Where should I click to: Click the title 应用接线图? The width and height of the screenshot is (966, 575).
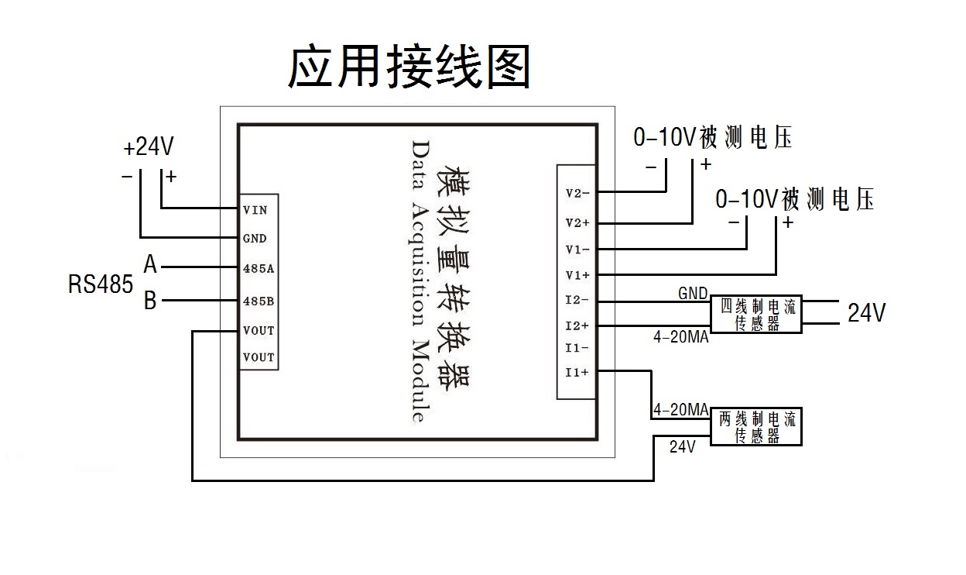409,67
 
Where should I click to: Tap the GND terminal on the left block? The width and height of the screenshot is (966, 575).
255,239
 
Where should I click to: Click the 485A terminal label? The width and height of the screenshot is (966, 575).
258,268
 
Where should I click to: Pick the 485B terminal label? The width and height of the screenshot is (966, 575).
258,300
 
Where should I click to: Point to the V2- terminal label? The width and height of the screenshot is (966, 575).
577,193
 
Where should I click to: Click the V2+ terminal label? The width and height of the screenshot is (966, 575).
577,223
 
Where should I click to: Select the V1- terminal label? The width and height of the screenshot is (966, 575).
577,250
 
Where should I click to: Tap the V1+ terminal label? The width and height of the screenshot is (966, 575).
577,275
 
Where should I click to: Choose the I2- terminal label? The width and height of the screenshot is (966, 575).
577,301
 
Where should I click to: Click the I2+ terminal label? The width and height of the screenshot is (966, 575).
577,326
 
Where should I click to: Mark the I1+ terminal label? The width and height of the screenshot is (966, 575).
577,372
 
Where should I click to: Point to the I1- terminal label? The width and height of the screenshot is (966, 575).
577,348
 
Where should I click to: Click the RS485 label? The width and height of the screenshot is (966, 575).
101,284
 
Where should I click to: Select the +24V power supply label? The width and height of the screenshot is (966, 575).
148,147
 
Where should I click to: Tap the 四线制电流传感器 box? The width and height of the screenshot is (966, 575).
756,315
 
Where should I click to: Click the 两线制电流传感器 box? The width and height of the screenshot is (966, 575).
756,427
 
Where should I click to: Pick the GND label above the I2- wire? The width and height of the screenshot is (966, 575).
693,293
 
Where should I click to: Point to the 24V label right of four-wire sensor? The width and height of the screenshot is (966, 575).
866,313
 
